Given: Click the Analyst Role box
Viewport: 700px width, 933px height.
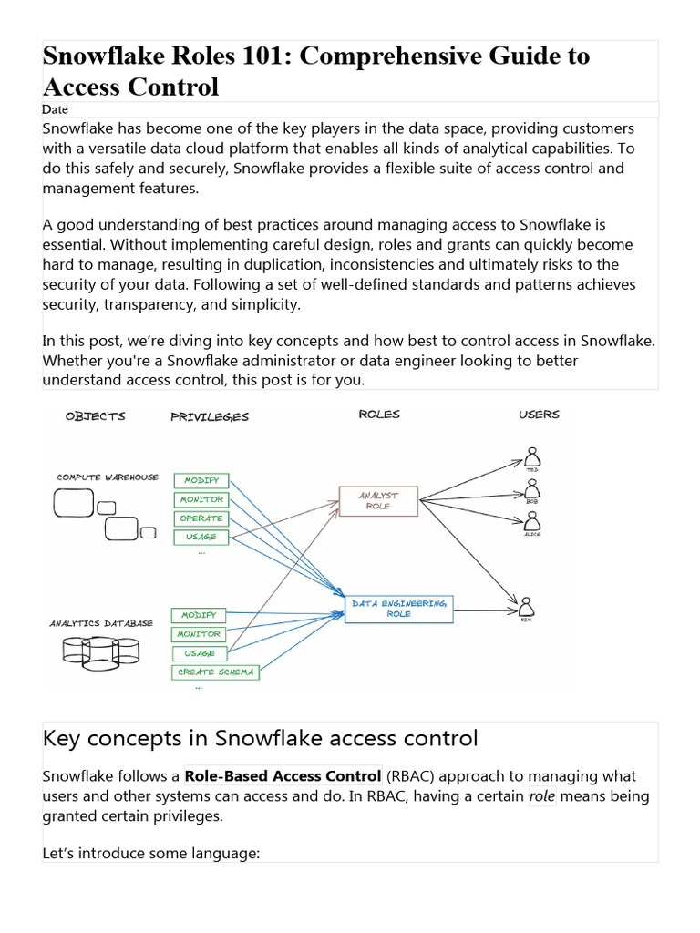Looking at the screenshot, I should point(378,499).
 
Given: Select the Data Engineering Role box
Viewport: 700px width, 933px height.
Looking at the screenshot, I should point(398,608).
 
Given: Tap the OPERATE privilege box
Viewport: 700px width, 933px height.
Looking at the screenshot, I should point(201,518).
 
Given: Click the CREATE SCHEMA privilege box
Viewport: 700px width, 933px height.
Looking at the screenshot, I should point(216,672).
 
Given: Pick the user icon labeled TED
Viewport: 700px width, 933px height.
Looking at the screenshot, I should point(532,456).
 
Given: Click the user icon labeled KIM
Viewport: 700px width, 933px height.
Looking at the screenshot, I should point(526,608).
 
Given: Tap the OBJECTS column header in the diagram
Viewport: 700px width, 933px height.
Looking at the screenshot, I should point(96,416).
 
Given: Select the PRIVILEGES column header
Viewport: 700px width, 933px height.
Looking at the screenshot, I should point(209,417).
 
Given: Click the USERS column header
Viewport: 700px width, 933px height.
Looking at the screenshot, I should point(539,415).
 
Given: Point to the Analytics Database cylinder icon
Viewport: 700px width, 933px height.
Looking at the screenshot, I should point(100,649).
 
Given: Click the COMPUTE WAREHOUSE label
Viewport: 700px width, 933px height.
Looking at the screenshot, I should point(108,477).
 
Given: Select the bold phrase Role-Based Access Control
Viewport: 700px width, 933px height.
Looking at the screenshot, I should point(283,776).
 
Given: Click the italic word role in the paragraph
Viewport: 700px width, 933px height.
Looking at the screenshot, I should point(542,796).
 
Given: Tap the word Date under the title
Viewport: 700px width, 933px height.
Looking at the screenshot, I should point(55,109).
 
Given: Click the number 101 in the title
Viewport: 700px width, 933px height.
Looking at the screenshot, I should point(262,56).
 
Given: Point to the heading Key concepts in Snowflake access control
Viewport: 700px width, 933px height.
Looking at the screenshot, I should point(260,738).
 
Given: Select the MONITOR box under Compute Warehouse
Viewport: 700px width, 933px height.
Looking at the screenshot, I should point(201,499).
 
